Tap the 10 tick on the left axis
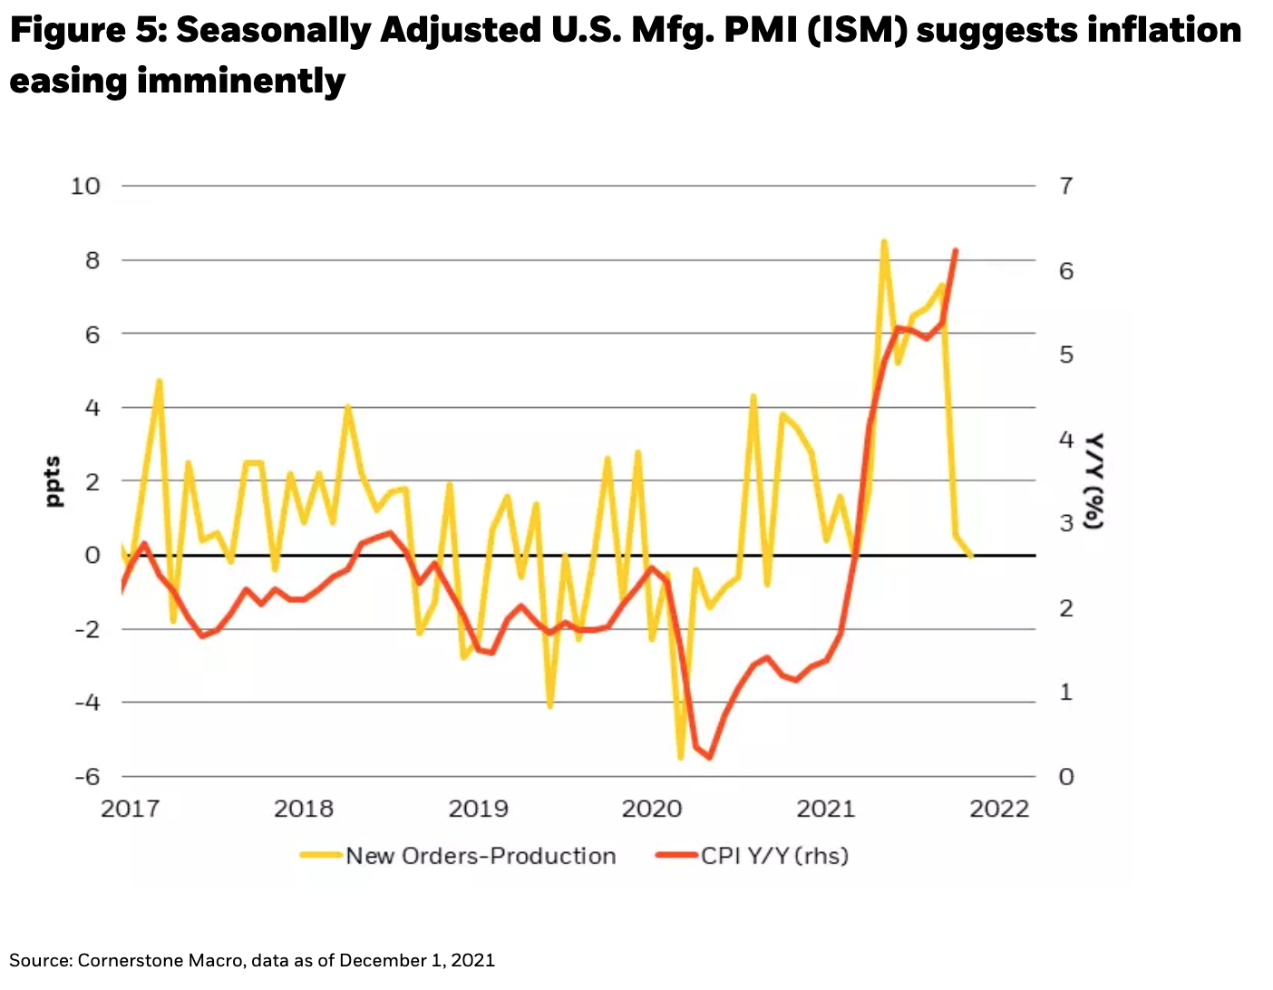[x=85, y=186]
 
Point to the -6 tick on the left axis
[x=87, y=777]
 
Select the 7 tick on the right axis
[x=1066, y=186]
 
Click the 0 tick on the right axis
[x=1066, y=777]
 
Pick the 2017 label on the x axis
[x=130, y=809]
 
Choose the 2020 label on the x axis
[x=651, y=809]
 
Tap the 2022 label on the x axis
[x=999, y=809]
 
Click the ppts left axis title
[x=53, y=480]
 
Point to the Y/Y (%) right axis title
[x=1094, y=480]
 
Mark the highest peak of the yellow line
[x=884, y=242]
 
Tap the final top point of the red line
[x=956, y=250]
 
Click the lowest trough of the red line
[x=709, y=757]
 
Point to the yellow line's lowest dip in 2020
[x=681, y=757]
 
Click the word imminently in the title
[x=241, y=82]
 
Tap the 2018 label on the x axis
[x=304, y=809]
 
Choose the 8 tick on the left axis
[x=92, y=260]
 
